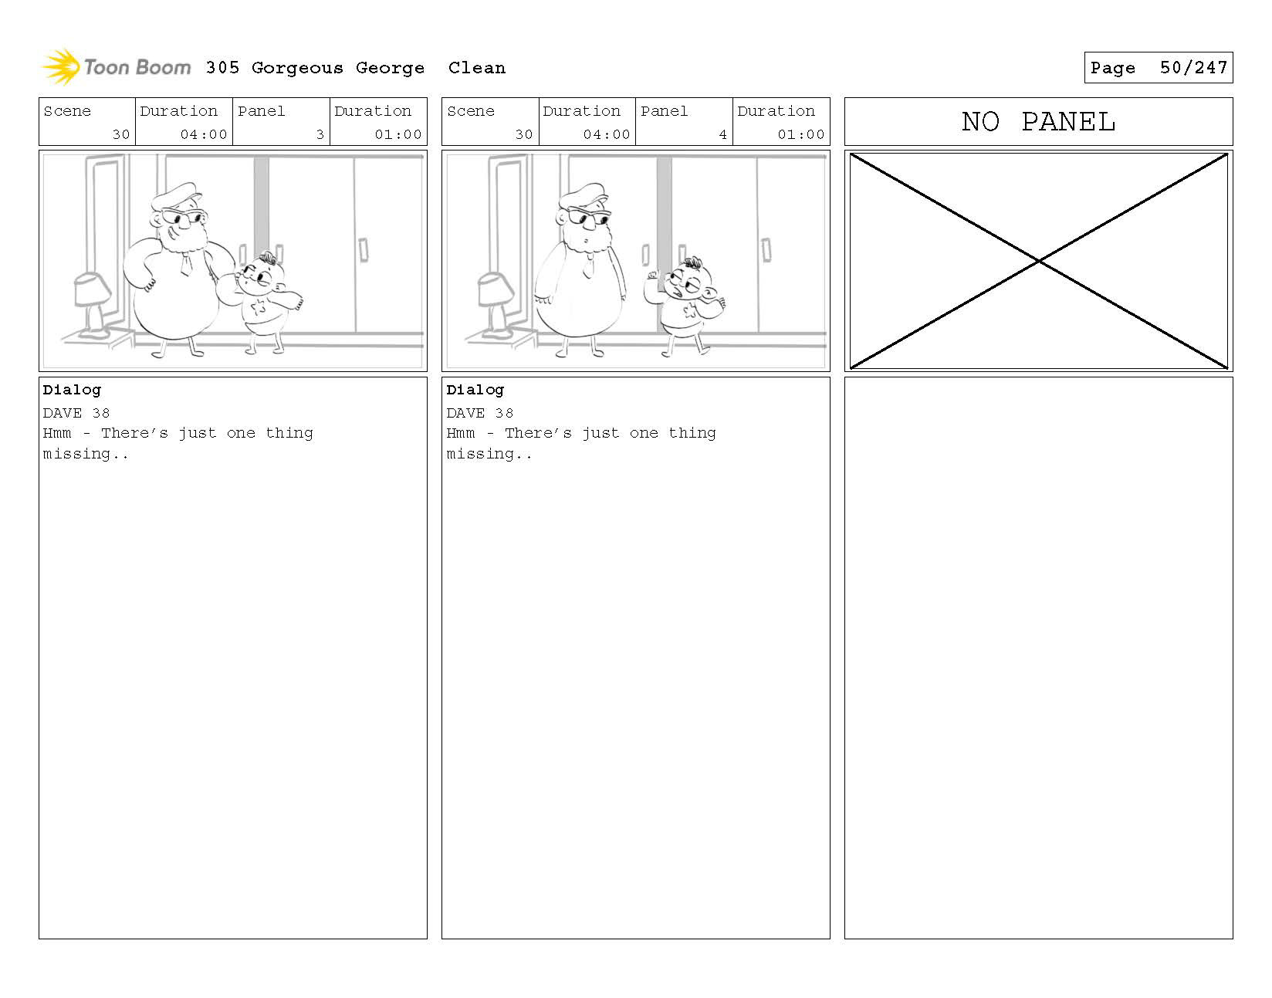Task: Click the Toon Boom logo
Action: click(117, 67)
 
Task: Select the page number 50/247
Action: click(1193, 68)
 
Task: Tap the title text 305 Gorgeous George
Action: click(315, 69)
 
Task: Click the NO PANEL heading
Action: click(1038, 122)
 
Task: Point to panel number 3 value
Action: click(320, 134)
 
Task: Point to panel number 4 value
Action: click(723, 134)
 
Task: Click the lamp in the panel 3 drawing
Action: click(92, 304)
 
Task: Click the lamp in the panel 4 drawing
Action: click(496, 304)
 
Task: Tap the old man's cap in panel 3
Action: click(176, 195)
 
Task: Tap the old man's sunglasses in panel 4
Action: click(587, 219)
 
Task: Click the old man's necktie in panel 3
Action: click(186, 264)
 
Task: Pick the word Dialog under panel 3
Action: click(72, 390)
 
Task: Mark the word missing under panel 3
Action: click(76, 454)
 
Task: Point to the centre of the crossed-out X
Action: click(1038, 260)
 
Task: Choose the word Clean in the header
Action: click(476, 69)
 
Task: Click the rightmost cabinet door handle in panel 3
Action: click(363, 250)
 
